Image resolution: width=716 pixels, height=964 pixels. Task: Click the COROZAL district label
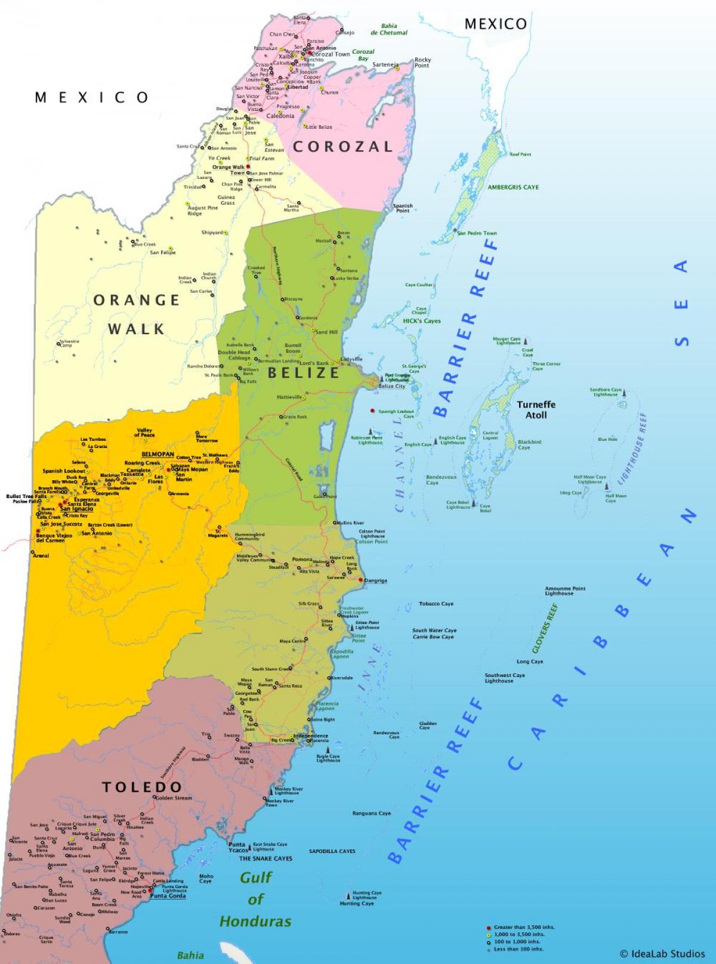pyautogui.click(x=342, y=147)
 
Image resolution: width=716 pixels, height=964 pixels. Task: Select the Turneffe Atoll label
pyautogui.click(x=536, y=409)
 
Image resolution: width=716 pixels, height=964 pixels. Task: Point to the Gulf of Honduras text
pyautogui.click(x=255, y=899)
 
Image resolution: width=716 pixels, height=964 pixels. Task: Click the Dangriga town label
pyautogui.click(x=375, y=580)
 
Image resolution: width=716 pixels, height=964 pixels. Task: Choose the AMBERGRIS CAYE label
pyautogui.click(x=513, y=187)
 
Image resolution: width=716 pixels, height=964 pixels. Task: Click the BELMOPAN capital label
pyautogui.click(x=158, y=454)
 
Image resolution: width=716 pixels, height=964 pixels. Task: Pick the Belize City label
pyautogui.click(x=391, y=387)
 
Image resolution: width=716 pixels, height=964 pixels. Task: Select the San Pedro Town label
pyautogui.click(x=477, y=233)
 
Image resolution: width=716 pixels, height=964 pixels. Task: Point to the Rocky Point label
pyautogui.click(x=422, y=62)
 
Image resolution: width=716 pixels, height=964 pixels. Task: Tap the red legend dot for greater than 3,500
pyautogui.click(x=489, y=928)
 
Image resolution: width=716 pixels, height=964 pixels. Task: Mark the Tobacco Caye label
pyautogui.click(x=436, y=604)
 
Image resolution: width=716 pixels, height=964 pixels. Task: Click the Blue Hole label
pyautogui.click(x=607, y=440)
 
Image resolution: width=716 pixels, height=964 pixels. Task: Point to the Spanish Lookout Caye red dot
pyautogui.click(x=372, y=411)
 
